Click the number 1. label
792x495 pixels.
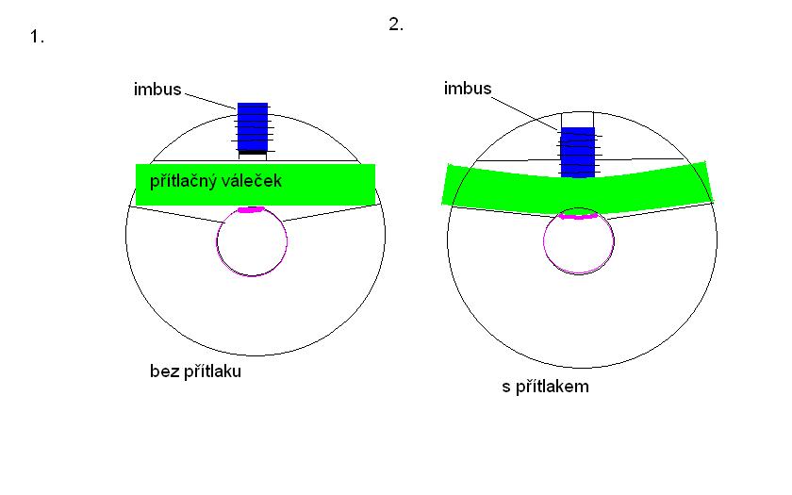coord(38,38)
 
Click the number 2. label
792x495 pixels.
coord(396,25)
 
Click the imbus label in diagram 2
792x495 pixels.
coord(467,89)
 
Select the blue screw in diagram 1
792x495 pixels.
coord(253,125)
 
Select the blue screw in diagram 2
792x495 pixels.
coord(577,151)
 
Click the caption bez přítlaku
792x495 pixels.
coord(195,371)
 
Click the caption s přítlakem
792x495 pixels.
coord(545,387)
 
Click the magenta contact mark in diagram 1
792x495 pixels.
coord(251,209)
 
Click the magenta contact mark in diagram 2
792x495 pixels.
coord(577,217)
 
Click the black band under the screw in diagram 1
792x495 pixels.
coord(253,151)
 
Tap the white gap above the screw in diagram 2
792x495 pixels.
coord(577,119)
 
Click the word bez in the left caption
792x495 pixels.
coord(161,371)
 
